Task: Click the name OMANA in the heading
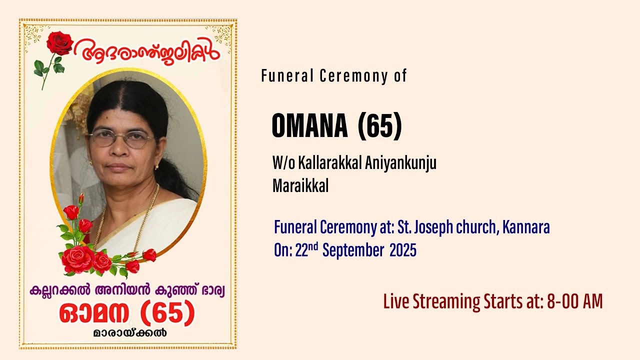[309, 126]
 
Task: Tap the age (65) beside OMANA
[380, 126]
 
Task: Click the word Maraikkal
[300, 186]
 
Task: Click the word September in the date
[353, 250]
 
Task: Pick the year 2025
[403, 250]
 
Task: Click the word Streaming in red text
[446, 302]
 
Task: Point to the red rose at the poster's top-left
[59, 43]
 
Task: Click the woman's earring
[157, 165]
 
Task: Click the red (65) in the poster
[167, 313]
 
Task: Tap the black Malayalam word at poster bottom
[129, 333]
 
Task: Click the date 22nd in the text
[307, 250]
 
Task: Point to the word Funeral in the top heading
[281, 76]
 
